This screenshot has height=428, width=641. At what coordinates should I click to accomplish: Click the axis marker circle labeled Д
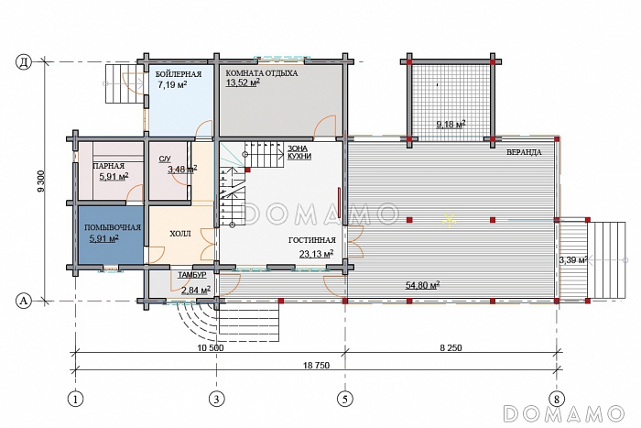click(24, 62)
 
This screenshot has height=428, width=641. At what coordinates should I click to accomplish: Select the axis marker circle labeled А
click(24, 302)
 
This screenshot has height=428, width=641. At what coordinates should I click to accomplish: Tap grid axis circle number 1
click(76, 398)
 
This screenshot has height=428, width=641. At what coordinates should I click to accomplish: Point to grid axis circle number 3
click(217, 398)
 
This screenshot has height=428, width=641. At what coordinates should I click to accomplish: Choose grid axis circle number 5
click(345, 398)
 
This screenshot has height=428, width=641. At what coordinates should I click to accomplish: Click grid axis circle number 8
click(557, 398)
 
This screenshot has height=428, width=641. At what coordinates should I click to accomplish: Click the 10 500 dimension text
click(211, 347)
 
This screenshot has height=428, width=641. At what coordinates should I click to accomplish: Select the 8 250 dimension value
click(451, 347)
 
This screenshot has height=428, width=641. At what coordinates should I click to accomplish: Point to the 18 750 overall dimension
click(317, 366)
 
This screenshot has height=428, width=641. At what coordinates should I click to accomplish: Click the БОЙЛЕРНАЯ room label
click(179, 74)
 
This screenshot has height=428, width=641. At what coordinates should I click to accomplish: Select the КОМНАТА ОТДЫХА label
click(262, 73)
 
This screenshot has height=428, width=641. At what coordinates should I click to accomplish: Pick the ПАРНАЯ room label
click(109, 166)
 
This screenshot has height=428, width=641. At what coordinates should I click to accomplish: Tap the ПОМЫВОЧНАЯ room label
click(113, 227)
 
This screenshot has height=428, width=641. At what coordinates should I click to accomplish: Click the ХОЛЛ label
click(179, 234)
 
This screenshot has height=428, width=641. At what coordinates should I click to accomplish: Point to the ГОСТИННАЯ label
click(312, 240)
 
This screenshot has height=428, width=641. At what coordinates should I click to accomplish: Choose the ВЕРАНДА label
click(524, 152)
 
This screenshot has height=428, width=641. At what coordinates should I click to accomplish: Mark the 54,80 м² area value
click(423, 285)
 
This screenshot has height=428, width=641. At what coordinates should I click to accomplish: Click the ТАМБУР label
click(191, 275)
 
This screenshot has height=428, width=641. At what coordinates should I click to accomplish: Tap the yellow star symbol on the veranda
click(450, 220)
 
